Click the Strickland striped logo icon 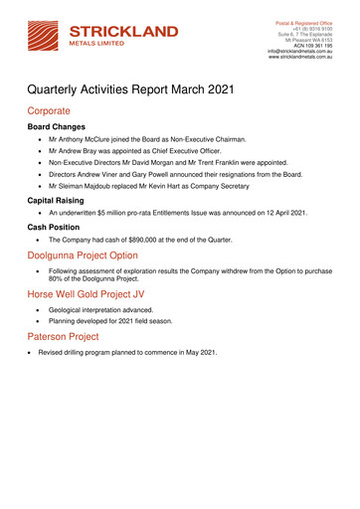45,31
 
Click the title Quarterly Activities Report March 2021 130,90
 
